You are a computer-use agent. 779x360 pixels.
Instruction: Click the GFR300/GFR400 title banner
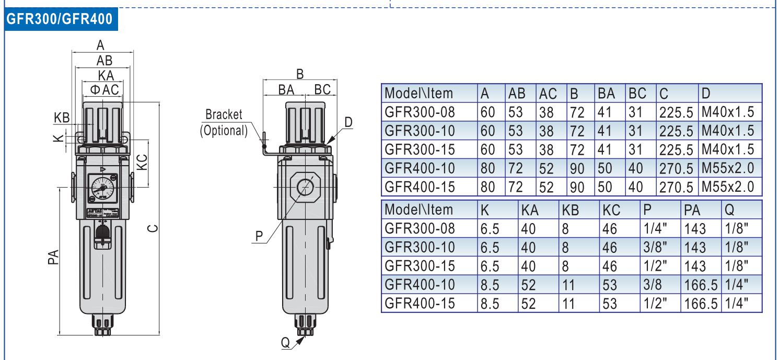(x=59, y=19)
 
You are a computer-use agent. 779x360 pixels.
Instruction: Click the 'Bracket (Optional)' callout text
(x=224, y=122)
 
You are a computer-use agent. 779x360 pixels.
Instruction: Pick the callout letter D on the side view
(x=348, y=122)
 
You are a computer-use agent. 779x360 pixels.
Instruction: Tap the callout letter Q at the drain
(x=285, y=343)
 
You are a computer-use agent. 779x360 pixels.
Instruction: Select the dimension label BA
(x=286, y=89)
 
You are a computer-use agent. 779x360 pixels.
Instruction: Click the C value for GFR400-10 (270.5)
(x=676, y=169)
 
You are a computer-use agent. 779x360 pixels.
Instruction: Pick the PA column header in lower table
(x=692, y=210)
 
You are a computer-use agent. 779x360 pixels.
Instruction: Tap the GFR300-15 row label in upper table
(x=420, y=150)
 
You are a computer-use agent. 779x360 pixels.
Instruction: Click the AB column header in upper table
(x=517, y=94)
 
